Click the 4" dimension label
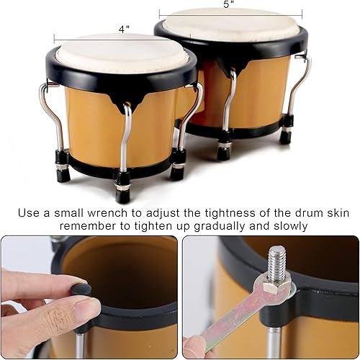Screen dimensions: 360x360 click(124, 30)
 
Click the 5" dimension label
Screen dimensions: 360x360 click(230, 4)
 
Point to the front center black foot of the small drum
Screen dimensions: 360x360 click(123, 193)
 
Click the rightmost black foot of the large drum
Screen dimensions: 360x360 click(286, 135)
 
